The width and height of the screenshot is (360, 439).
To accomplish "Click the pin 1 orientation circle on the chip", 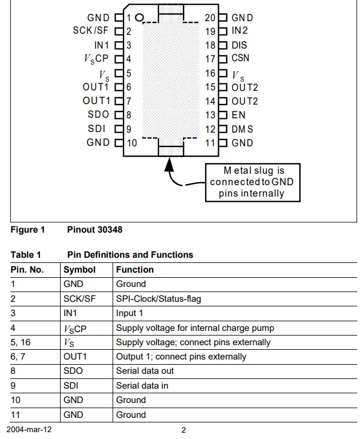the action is [x=139, y=18].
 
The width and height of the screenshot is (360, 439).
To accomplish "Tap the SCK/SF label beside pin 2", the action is [x=91, y=30].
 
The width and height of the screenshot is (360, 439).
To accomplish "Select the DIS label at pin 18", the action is [x=239, y=45].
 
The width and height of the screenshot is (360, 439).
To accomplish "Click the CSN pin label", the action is [x=240, y=58].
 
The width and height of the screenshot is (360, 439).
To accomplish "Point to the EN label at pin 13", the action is [x=238, y=115].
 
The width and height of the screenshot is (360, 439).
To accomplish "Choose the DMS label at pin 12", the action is [x=242, y=129].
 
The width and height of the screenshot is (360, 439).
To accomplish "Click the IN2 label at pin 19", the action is [x=239, y=30].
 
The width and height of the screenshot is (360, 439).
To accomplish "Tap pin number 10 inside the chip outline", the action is [x=132, y=143].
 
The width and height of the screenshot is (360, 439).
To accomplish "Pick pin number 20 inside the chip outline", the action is [x=210, y=18].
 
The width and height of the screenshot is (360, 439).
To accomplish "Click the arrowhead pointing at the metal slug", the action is [x=169, y=165].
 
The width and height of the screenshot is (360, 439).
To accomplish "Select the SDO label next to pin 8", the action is [x=98, y=114].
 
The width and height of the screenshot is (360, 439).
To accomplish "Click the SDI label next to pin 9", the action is [x=97, y=129].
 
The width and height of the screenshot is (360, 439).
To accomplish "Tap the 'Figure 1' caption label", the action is [x=27, y=230].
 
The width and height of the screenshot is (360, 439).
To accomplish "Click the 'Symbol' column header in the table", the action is [x=79, y=270].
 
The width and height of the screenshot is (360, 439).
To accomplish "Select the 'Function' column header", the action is [x=135, y=270].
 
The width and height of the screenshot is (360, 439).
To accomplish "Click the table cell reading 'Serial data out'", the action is [x=145, y=370].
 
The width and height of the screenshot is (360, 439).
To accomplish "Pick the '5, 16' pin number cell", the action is [x=21, y=342].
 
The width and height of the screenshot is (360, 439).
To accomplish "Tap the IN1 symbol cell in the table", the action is [x=70, y=313].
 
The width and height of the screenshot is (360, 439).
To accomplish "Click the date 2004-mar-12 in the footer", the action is [x=29, y=429].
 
